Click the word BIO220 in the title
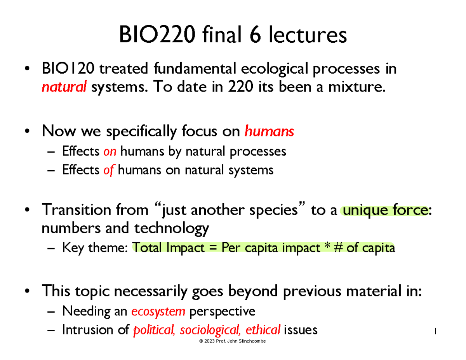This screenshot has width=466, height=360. point(155,35)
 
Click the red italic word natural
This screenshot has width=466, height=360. point(64,88)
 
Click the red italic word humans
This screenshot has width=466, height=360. point(269,132)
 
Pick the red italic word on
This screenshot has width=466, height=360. point(110,151)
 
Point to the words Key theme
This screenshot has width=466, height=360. point(95,248)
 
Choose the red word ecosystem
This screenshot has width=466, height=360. point(158,311)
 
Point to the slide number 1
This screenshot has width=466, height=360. point(436,331)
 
